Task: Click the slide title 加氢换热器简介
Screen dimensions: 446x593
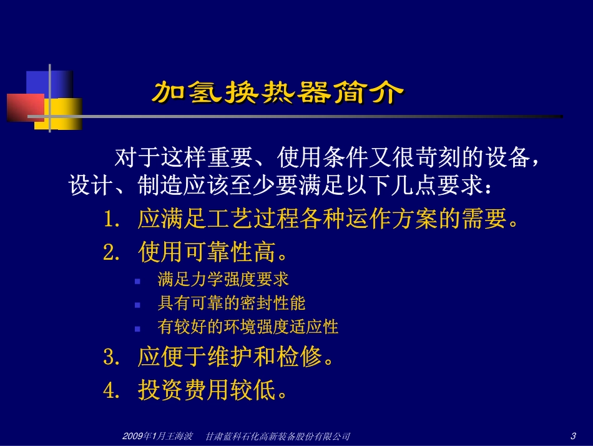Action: tap(277, 92)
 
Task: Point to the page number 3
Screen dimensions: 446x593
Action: tap(572, 435)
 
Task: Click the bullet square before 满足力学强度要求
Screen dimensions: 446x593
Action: tap(137, 281)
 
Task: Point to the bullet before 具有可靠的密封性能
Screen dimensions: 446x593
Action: tap(137, 305)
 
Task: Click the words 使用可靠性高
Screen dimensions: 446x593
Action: tap(205, 252)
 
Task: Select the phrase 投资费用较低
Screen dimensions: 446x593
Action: tap(205, 390)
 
